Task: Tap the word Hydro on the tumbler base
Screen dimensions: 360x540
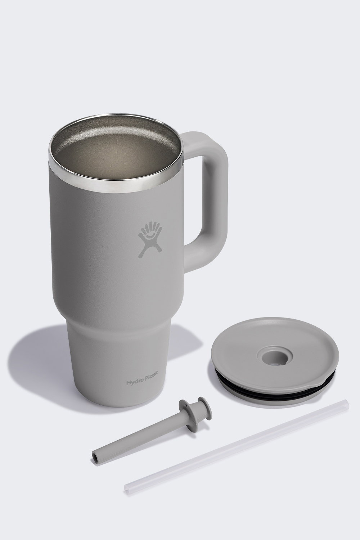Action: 134,382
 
